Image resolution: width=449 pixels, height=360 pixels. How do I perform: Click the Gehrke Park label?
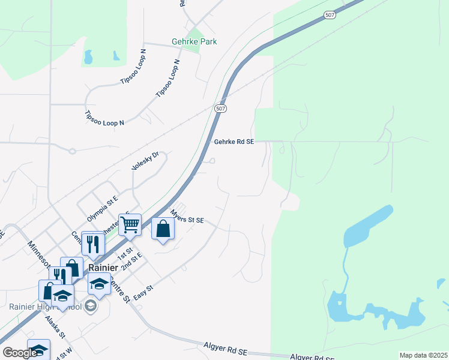(193, 42)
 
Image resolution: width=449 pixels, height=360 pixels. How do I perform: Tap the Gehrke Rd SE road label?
(234, 142)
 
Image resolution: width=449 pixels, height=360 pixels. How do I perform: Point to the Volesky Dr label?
(145, 161)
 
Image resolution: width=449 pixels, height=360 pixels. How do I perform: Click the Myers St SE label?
(187, 217)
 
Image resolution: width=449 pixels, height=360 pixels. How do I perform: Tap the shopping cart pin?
(130, 225)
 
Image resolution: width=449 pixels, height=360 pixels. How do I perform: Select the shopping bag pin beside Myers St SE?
(163, 229)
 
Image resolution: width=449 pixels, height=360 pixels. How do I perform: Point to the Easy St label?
(143, 292)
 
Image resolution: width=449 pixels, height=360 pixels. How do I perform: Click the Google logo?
(20, 353)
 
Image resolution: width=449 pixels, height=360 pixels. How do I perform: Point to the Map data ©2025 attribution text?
(423, 355)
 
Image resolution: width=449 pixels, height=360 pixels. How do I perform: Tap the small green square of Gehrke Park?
(193, 32)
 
